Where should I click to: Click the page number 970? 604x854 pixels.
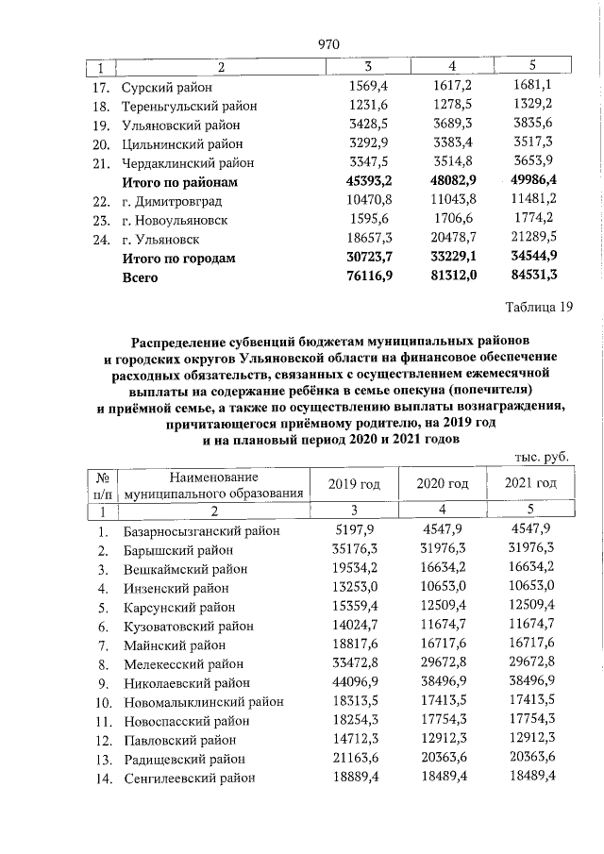pos(328,44)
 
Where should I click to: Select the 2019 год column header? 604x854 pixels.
pos(353,484)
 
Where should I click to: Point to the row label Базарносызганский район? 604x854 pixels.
pos(201,530)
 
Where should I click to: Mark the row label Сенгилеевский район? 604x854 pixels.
pos(189,778)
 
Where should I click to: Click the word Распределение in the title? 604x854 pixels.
pos(187,338)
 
